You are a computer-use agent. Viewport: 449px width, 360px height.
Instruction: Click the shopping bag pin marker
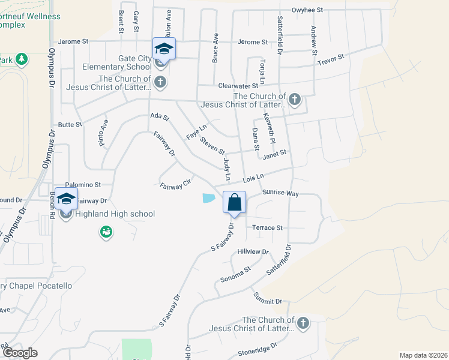(234, 202)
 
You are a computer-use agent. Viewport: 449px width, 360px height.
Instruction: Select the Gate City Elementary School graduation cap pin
(164, 49)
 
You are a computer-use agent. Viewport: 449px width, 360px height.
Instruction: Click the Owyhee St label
(307, 10)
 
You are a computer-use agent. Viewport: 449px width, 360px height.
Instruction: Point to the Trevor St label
(331, 59)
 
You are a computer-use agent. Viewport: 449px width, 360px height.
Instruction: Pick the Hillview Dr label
(253, 252)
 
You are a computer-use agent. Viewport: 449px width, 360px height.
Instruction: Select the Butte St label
(70, 125)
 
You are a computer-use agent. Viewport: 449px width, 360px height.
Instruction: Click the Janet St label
(275, 154)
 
